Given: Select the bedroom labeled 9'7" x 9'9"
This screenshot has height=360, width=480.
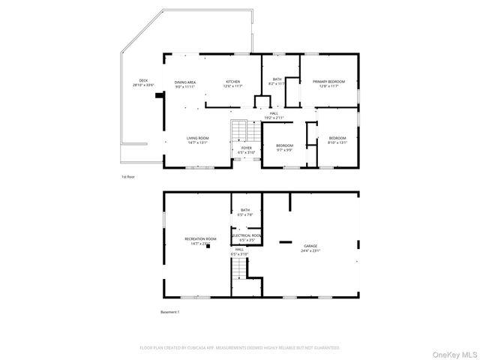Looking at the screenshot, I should [x=284, y=147].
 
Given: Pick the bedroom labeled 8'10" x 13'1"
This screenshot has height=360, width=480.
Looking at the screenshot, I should [x=337, y=140].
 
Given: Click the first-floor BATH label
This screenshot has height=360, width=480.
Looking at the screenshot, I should [x=277, y=82].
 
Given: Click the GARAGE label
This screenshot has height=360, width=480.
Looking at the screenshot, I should [x=310, y=247].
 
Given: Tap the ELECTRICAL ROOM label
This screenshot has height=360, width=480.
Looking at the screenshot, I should [x=246, y=238].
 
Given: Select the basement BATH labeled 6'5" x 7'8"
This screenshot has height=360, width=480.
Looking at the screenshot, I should [x=246, y=212].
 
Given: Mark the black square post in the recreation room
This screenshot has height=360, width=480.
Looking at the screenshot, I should [x=208, y=244].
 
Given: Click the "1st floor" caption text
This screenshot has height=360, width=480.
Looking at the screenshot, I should [x=127, y=177].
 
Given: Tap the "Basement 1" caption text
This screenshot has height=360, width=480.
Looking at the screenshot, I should [x=170, y=311].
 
